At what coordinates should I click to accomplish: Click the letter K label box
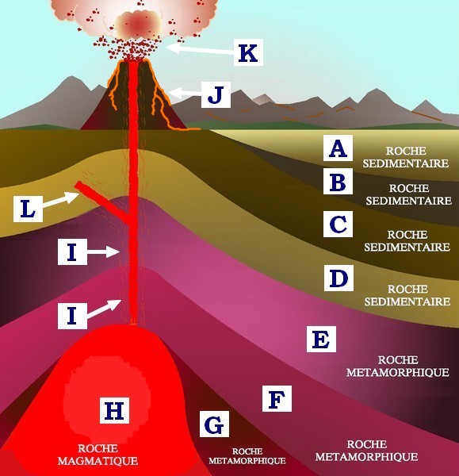(x=248, y=52)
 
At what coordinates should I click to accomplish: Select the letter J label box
(x=216, y=94)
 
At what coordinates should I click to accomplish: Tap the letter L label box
(x=28, y=209)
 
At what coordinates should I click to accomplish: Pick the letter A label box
(x=338, y=148)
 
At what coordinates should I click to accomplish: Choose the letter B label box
(x=338, y=181)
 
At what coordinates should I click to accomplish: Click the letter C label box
(x=338, y=224)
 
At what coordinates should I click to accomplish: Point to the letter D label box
(x=339, y=278)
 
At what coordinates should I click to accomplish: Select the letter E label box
(x=321, y=339)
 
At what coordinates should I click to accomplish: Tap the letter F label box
(x=277, y=398)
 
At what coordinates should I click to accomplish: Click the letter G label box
(x=214, y=424)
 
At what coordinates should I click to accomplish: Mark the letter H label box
(x=115, y=410)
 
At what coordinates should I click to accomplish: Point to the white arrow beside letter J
(x=185, y=93)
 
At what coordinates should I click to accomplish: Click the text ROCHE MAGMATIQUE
(x=98, y=455)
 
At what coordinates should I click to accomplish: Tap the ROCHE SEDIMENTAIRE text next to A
(x=406, y=157)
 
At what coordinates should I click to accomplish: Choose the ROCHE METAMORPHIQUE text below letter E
(x=398, y=366)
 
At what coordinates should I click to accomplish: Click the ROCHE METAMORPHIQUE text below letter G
(x=247, y=456)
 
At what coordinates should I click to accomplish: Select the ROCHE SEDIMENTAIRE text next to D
(x=407, y=295)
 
